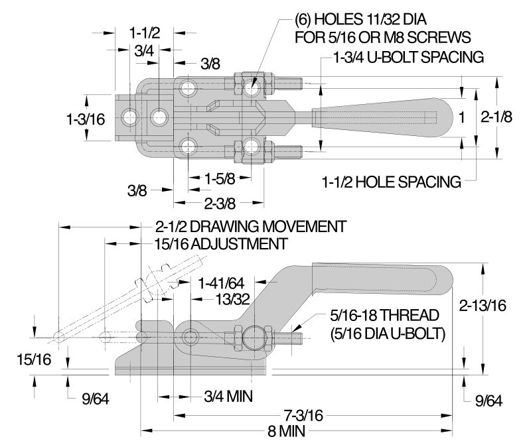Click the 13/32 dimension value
point(234,300)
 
